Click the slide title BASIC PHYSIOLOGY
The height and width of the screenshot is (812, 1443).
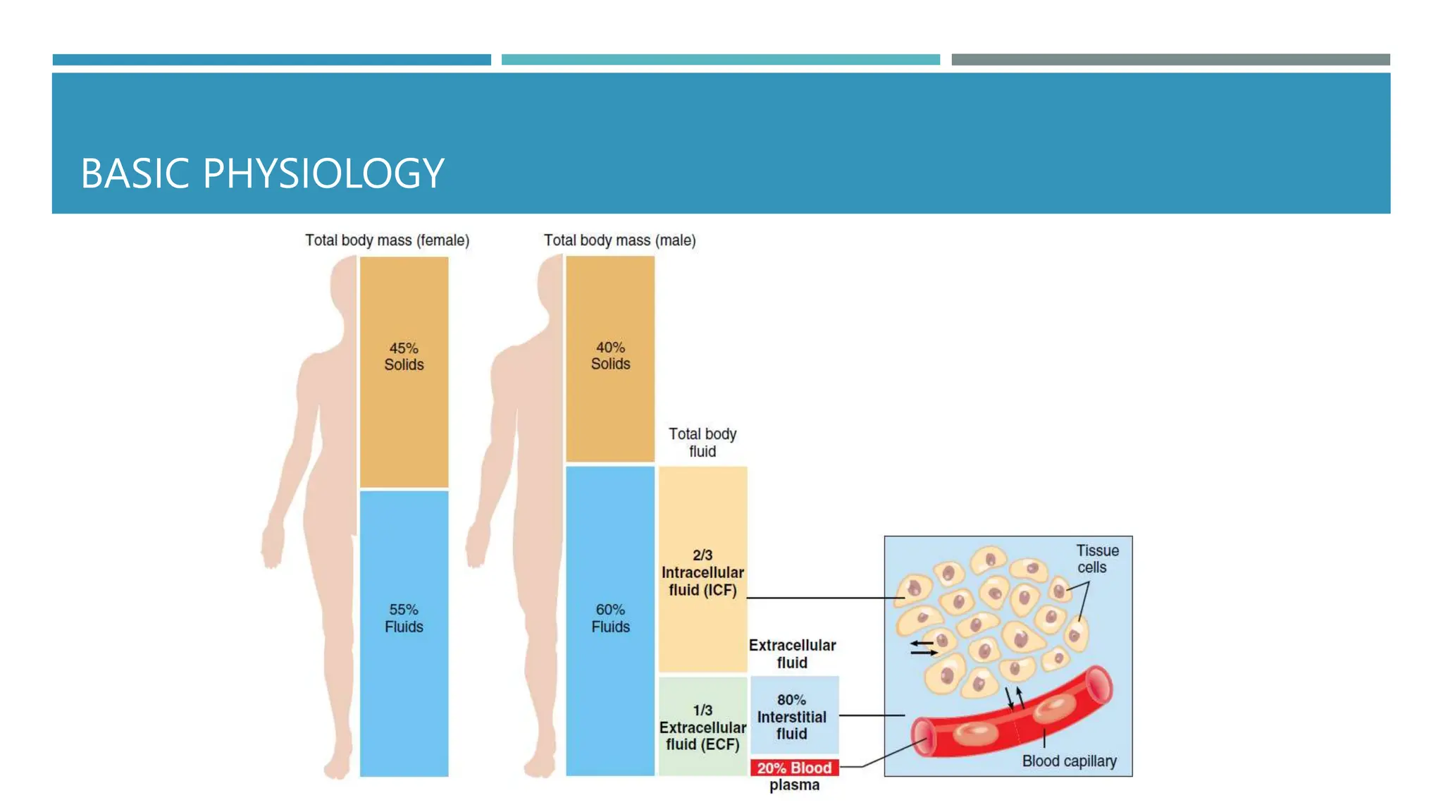[x=262, y=173]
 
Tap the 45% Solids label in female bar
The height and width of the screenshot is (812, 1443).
[x=404, y=357]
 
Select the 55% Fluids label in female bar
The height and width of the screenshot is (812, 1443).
[x=404, y=618]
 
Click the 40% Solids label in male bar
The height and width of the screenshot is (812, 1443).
[x=610, y=356]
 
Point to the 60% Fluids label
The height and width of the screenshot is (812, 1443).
[x=610, y=618]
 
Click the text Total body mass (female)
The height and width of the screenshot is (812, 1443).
[x=387, y=240]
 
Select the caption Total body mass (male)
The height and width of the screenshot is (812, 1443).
[x=619, y=240]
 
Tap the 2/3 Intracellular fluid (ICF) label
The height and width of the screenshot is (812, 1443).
[x=702, y=573]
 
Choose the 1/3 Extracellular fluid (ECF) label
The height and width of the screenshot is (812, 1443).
[x=702, y=727]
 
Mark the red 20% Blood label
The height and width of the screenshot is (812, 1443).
[x=794, y=768]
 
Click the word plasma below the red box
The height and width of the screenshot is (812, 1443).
[x=794, y=785]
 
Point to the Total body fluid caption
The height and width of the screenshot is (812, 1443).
[x=702, y=443]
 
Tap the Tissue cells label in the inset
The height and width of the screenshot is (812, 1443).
[x=1096, y=559]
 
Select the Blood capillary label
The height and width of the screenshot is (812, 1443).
[x=1069, y=761]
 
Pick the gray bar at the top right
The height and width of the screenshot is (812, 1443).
[x=1170, y=60]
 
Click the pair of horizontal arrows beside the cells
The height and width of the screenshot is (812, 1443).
[x=923, y=648]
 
